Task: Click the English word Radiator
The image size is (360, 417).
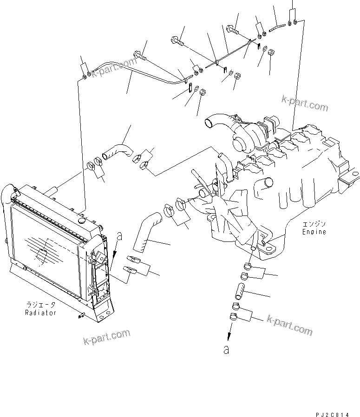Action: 41,313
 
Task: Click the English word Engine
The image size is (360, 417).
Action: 314,231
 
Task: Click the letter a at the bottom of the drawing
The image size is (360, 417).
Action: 226,350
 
